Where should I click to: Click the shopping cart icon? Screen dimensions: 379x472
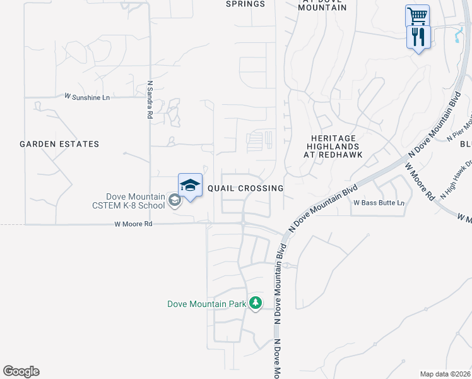point(416,15)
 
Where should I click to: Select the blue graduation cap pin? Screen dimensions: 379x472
point(190,185)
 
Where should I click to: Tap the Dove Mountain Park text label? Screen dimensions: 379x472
point(206,304)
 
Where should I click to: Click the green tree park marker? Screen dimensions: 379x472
point(256,304)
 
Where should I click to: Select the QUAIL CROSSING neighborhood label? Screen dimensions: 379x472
point(245,188)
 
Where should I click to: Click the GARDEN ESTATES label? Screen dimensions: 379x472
point(59,144)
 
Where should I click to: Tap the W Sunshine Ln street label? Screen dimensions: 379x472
point(87,97)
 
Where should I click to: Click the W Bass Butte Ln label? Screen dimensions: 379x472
point(379,203)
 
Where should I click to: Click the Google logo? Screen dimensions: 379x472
point(21,371)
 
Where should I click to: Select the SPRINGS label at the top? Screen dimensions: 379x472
point(245,4)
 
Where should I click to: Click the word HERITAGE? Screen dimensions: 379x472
point(334,138)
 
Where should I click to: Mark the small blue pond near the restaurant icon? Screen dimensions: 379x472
point(457,37)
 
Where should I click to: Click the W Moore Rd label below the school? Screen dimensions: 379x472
point(133,224)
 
